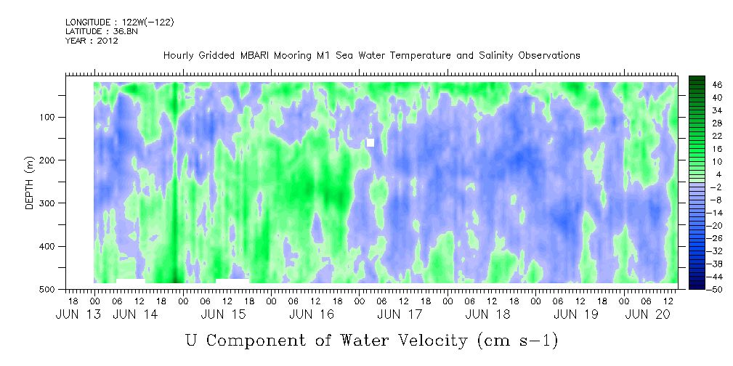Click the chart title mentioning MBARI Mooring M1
coord(372,56)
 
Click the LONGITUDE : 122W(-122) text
coord(120,22)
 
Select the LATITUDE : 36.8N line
coord(102,31)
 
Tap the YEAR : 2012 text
coord(92,41)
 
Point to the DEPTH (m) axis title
coord(30,182)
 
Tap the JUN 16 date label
coord(312,314)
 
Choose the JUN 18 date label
coord(488,314)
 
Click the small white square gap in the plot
coord(370,142)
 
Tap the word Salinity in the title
coord(496,56)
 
